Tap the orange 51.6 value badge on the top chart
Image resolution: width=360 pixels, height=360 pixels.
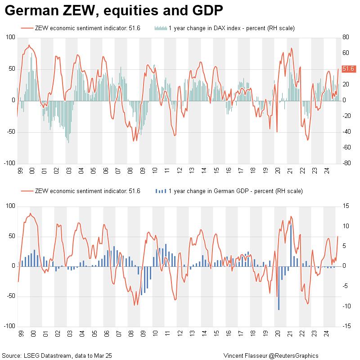[349, 69]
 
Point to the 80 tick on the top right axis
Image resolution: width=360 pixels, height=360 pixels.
[345, 37]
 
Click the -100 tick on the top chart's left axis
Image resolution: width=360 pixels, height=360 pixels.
[9, 163]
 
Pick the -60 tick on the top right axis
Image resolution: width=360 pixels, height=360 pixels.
[346, 148]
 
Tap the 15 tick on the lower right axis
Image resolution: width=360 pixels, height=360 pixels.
[345, 206]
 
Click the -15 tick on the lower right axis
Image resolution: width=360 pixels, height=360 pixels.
[346, 326]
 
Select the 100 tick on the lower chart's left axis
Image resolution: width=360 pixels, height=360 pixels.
[10, 206]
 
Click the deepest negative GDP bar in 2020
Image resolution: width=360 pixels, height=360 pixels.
[279, 288]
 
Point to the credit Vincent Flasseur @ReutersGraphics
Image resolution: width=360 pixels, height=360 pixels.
[271, 355]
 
